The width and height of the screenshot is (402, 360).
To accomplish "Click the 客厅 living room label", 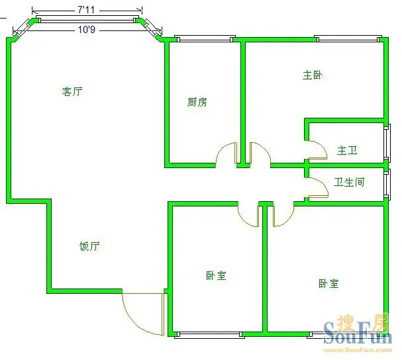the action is point(72,91).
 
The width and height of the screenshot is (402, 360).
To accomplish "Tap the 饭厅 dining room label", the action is point(89,246).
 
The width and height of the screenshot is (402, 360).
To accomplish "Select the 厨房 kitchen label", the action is point(197,102).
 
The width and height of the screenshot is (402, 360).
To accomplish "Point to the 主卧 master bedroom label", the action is point(313,75).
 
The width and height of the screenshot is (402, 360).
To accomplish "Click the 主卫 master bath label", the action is point(347,150).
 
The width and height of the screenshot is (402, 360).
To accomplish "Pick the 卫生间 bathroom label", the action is point(349,182).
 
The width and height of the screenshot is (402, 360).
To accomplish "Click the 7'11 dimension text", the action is point(86,10).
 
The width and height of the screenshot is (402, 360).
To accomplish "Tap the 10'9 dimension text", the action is point(87,30).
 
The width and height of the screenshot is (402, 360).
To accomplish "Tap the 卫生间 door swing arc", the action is point(324,183).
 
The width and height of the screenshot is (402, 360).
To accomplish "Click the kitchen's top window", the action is point(205,39).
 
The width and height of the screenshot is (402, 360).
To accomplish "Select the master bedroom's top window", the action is point(348,39).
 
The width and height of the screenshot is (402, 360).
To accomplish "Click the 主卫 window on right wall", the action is point(387,143).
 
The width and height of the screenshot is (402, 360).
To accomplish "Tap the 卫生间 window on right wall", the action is point(387,184).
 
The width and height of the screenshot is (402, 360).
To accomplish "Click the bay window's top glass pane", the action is point(87,19).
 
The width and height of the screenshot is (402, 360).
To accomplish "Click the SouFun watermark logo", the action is point(358,330).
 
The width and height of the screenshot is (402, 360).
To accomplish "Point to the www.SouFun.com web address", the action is point(358,349).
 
